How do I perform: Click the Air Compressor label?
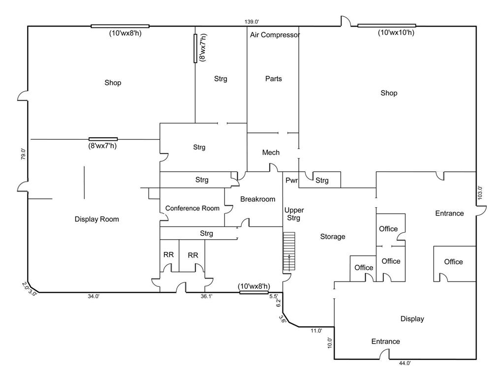pyautogui.click(x=275, y=35)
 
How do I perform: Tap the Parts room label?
pyautogui.click(x=274, y=79)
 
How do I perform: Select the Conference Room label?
pyautogui.click(x=192, y=208)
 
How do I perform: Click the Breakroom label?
pyautogui.click(x=257, y=199)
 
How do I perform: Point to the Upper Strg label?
pyautogui.click(x=294, y=214)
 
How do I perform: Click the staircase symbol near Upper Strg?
pyautogui.click(x=289, y=252)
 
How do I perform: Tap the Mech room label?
pyautogui.click(x=271, y=153)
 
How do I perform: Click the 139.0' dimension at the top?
pyautogui.click(x=252, y=22)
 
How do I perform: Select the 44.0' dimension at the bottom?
pyautogui.click(x=405, y=363)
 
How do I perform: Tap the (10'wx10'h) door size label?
pyautogui.click(x=396, y=32)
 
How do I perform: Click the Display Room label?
pyautogui.click(x=97, y=220)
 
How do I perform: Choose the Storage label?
pyautogui.click(x=333, y=237)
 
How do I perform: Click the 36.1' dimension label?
pyautogui.click(x=207, y=296)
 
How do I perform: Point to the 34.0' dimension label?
pyautogui.click(x=94, y=296)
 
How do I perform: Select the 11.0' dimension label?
pyautogui.click(x=316, y=331)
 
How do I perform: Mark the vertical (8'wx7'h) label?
pyautogui.click(x=202, y=48)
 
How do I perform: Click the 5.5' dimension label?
pyautogui.click(x=274, y=296)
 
